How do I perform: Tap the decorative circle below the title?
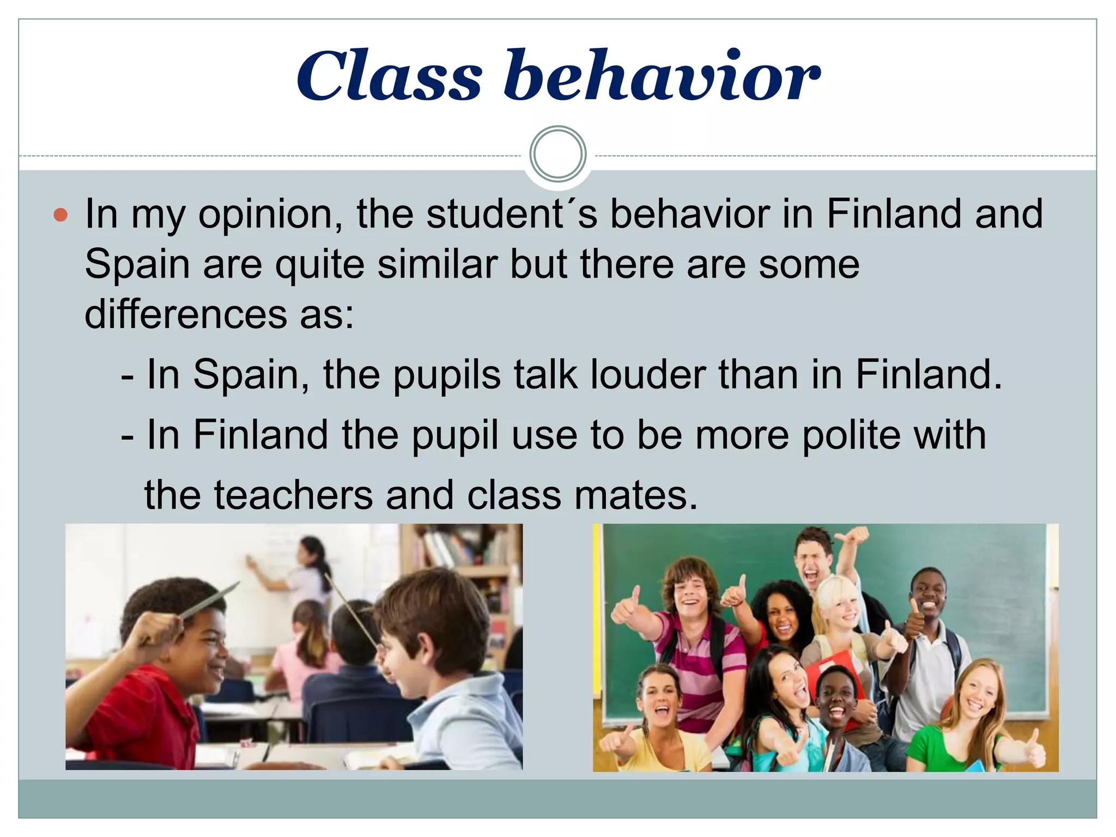tap(558, 154)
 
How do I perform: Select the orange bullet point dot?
tap(60, 215)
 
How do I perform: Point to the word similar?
tap(438, 265)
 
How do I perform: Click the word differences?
tap(186, 314)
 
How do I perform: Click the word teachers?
tap(293, 495)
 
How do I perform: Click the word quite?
tap(320, 265)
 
